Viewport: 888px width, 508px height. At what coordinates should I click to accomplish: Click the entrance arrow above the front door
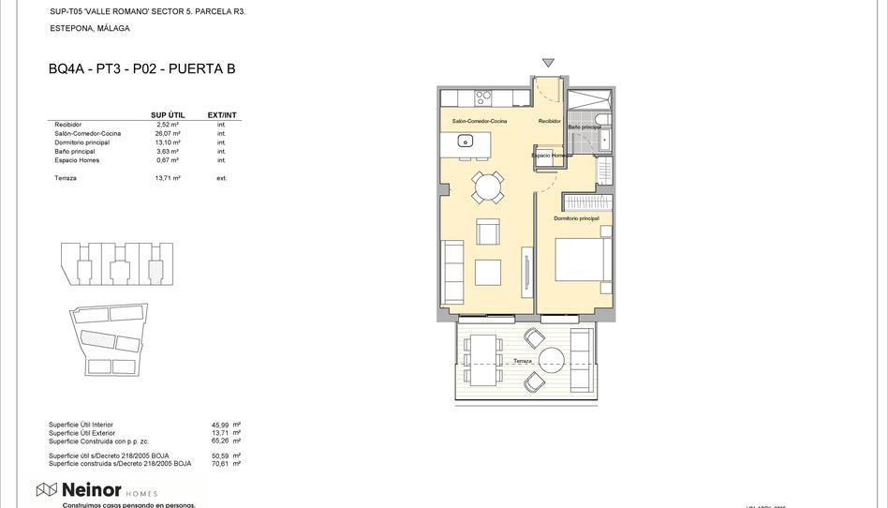pyautogui.click(x=548, y=64)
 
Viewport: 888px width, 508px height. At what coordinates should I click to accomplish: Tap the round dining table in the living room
pyautogui.click(x=486, y=188)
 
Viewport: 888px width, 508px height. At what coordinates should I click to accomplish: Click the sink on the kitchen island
pyautogui.click(x=465, y=142)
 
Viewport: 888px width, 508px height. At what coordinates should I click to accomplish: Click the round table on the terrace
pyautogui.click(x=550, y=360)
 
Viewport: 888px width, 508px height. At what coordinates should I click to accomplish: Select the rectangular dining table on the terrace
pyautogui.click(x=485, y=361)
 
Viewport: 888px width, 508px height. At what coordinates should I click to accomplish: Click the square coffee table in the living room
pyautogui.click(x=487, y=272)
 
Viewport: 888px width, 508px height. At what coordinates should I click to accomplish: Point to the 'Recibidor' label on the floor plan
pyautogui.click(x=549, y=121)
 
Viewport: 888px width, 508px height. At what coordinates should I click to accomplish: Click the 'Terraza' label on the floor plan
pyautogui.click(x=522, y=361)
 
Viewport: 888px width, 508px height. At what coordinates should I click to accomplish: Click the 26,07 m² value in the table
pyautogui.click(x=168, y=133)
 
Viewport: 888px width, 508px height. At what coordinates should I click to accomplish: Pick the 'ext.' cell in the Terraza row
pyautogui.click(x=222, y=177)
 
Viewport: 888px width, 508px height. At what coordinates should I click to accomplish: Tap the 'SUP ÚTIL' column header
pyautogui.click(x=168, y=115)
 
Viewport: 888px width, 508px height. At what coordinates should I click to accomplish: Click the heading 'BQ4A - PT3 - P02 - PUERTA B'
pyautogui.click(x=141, y=68)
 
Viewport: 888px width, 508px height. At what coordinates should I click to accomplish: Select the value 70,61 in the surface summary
pyautogui.click(x=220, y=463)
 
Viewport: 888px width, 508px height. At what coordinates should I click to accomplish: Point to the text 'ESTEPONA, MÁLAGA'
pyautogui.click(x=90, y=29)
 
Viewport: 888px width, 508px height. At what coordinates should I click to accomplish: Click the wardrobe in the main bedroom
pyautogui.click(x=588, y=202)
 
